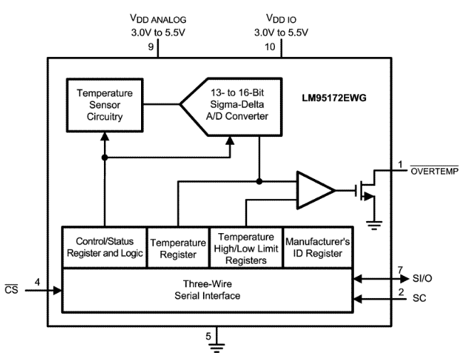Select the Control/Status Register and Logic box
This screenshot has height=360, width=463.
tap(103, 247)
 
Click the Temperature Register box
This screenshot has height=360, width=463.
tap(177, 247)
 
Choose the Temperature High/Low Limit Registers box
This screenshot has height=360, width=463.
tap(246, 247)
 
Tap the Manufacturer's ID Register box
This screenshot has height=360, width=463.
tap(317, 247)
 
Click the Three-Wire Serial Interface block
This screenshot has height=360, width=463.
tap(207, 289)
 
